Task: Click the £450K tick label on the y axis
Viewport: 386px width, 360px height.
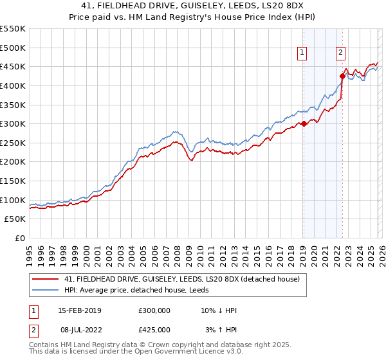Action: coord(12,66)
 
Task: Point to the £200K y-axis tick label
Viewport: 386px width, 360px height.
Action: coord(12,162)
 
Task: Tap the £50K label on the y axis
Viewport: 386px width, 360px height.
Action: coord(15,219)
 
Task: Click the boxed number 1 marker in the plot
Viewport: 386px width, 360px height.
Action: coord(302,53)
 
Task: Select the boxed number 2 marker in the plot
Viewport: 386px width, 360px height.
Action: coord(341,53)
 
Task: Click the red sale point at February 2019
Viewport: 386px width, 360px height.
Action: coord(304,124)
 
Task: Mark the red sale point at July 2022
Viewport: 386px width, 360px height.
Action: coord(342,76)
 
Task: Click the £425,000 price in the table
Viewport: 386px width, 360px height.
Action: coord(154,330)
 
